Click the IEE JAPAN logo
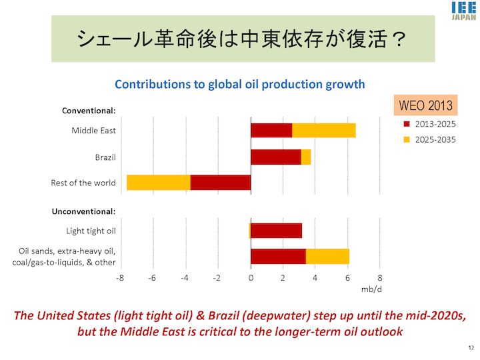pos(464,11)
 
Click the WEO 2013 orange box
pos(425,105)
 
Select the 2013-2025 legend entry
pos(430,124)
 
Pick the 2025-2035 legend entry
pos(430,139)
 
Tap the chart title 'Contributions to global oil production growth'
pos(240,84)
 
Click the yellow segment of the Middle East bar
pos(324,131)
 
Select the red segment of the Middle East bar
pos(271,131)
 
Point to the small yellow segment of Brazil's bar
pos(306,157)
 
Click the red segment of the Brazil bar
pos(276,157)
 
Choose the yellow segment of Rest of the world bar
pos(159,183)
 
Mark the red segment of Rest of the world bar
pos(221,183)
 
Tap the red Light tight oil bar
pos(277,231)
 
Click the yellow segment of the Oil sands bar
pos(327,257)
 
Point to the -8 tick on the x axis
pos(120,278)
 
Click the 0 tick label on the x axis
pos(251,278)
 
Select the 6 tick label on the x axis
pos(347,278)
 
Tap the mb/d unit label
pos(371,289)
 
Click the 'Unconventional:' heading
pos(83,211)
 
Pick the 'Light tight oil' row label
pos(91,231)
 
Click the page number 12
pos(471,348)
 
